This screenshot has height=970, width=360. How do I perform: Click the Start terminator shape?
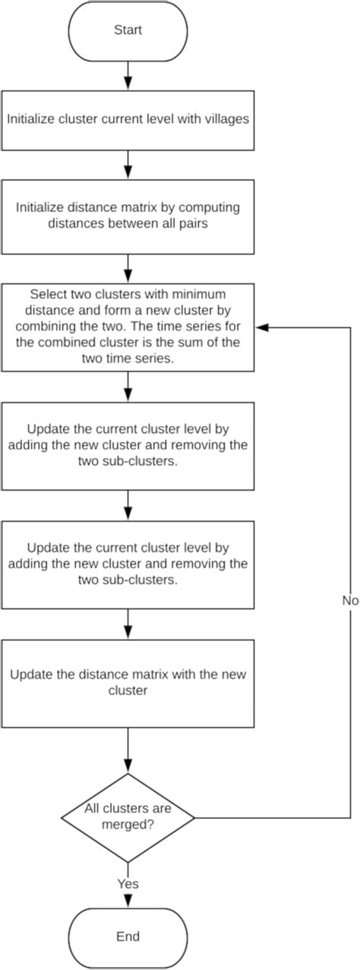coord(128,31)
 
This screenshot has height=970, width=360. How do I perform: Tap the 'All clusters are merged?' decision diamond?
coord(128,817)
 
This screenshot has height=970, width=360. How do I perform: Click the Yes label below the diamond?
coord(128,883)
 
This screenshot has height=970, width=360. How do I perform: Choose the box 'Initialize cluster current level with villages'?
coord(128,120)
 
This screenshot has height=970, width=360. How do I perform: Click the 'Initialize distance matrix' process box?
coord(128,216)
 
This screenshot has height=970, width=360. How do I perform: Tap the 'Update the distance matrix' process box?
coord(128,684)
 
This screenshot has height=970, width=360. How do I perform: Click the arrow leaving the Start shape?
coord(128,75)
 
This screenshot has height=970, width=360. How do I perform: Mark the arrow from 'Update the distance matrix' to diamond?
coord(128,750)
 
